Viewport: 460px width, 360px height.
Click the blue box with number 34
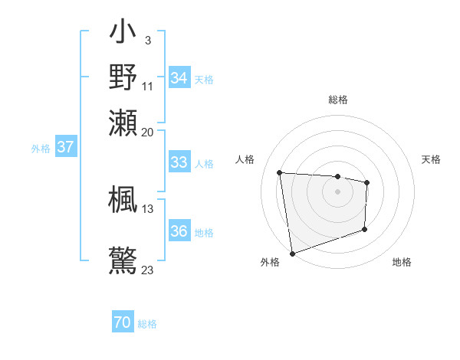point(179,78)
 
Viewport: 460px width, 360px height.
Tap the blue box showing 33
point(179,162)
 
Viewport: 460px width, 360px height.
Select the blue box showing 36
point(179,231)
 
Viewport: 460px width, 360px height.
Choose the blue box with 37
point(66,148)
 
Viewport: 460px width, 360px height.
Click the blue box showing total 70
point(123,322)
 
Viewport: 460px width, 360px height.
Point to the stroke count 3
point(147,40)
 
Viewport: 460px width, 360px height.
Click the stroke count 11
point(148,86)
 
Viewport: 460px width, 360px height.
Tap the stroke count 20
point(148,132)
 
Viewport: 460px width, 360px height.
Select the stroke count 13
point(148,208)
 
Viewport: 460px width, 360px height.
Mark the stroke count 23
point(148,270)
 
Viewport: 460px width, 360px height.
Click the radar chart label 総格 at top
point(337,100)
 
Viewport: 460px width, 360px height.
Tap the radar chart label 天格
point(432,159)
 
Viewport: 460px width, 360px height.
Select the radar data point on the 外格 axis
point(292,253)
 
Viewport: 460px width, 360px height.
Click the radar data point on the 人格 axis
point(280,172)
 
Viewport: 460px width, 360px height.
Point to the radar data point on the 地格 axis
point(365,229)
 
